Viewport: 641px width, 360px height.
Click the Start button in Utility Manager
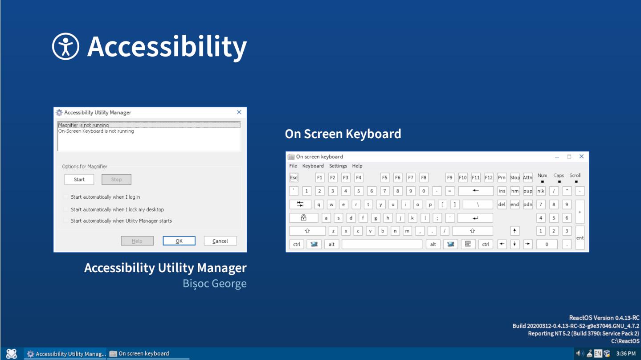[79, 180]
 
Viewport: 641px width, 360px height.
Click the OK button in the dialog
[179, 241]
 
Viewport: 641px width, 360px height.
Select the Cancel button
[220, 241]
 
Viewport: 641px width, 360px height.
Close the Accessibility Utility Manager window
[239, 113]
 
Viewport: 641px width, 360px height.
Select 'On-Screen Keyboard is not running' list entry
[96, 131]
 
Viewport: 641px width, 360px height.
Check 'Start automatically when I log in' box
[66, 197]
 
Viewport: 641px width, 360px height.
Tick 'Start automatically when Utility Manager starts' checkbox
[66, 221]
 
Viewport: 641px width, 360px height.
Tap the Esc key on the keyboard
[294, 178]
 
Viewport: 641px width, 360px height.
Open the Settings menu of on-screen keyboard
[338, 166]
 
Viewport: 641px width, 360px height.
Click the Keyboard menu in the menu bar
[313, 166]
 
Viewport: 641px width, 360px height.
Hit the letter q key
[319, 205]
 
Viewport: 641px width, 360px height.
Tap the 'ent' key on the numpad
[580, 238]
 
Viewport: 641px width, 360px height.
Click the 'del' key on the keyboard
[502, 205]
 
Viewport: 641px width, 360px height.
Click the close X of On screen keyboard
[581, 157]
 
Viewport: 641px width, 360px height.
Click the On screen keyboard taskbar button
[148, 354]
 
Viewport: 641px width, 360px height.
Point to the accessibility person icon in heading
[65, 46]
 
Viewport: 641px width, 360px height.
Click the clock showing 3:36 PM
[625, 354]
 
